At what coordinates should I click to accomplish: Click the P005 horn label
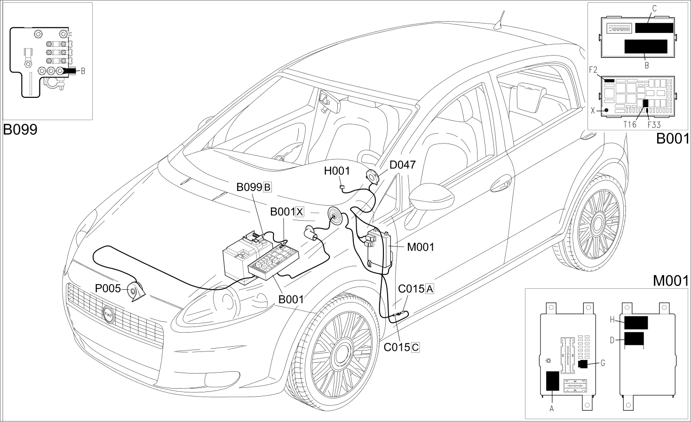[108, 288]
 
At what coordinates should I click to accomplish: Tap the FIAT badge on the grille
[109, 315]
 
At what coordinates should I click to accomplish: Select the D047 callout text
[403, 165]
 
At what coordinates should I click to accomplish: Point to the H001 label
[337, 171]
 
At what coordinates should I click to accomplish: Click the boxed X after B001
[300, 212]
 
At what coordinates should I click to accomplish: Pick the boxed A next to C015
[429, 289]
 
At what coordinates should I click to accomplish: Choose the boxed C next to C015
[415, 347]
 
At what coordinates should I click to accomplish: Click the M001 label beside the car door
[421, 247]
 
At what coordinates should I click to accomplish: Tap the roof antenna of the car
[500, 20]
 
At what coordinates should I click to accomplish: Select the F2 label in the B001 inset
[593, 70]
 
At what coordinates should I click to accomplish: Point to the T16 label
[629, 124]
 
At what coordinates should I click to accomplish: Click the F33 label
[654, 125]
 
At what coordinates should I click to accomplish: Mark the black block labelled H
[636, 323]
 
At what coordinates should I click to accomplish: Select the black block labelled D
[634, 339]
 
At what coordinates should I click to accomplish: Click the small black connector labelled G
[583, 364]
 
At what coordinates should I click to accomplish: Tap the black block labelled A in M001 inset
[553, 381]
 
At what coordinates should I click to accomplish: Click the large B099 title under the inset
[20, 129]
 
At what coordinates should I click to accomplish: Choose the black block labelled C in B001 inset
[654, 28]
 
